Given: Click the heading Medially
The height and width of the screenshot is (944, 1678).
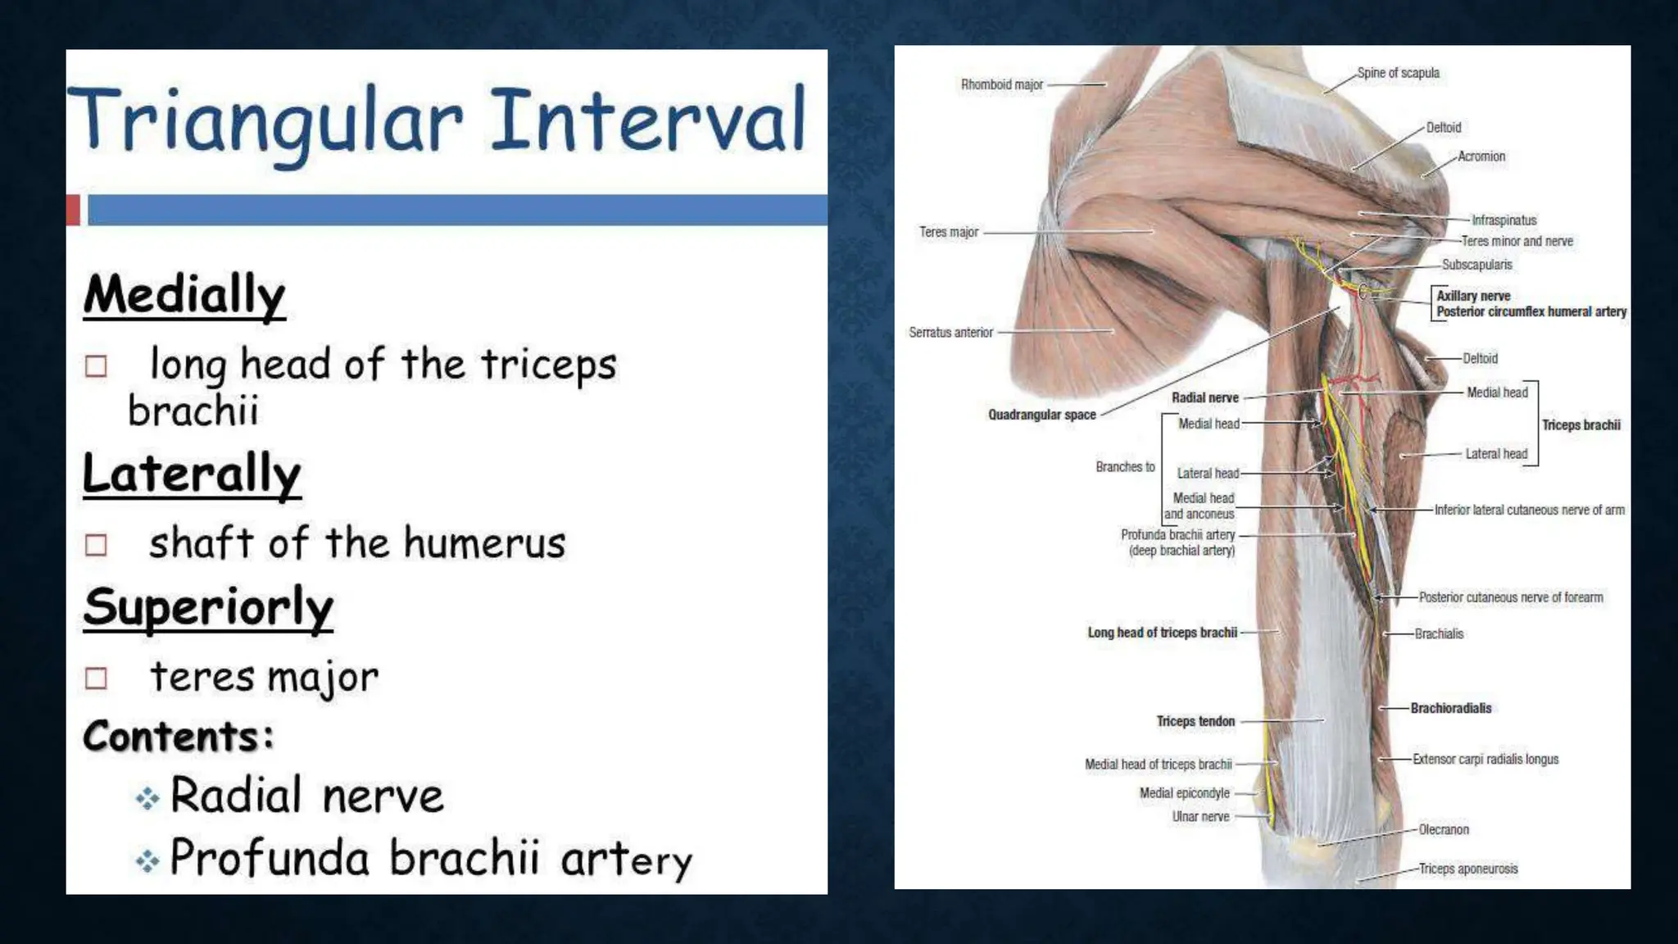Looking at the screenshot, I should tap(184, 295).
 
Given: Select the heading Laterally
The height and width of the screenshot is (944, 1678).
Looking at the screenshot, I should tap(192, 474).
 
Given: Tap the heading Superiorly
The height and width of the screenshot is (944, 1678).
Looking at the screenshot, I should tap(208, 608).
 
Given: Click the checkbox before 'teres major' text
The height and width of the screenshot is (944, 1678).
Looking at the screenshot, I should tap(96, 678).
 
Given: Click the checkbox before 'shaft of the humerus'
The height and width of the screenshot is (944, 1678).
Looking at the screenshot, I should tap(96, 545).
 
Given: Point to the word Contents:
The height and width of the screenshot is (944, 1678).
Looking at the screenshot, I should tap(178, 736).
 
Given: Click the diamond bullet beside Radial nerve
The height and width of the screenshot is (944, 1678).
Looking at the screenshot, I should tap(147, 798).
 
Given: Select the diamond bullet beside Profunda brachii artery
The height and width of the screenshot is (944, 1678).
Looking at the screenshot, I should tap(147, 860).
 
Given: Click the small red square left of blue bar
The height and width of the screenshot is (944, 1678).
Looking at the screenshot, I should tap(73, 210).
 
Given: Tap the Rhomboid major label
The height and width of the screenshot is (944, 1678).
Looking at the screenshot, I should tap(1001, 84).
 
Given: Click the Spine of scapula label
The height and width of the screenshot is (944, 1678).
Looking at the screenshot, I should tap(1398, 73).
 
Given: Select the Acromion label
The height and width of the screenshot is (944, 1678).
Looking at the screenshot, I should tap(1481, 157).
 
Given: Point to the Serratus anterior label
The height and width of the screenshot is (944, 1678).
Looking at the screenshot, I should tap(950, 333).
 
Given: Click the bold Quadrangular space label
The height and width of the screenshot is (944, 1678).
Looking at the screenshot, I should tap(1041, 415).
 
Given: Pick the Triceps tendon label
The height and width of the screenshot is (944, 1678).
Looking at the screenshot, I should tap(1195, 721).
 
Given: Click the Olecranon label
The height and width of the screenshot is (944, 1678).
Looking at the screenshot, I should tap(1443, 829).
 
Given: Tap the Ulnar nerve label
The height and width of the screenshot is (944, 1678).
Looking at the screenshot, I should tap(1200, 816).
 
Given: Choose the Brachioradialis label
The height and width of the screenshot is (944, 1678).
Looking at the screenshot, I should tap(1450, 708).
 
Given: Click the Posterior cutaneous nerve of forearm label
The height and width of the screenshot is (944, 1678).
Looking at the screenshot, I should tap(1510, 597).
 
